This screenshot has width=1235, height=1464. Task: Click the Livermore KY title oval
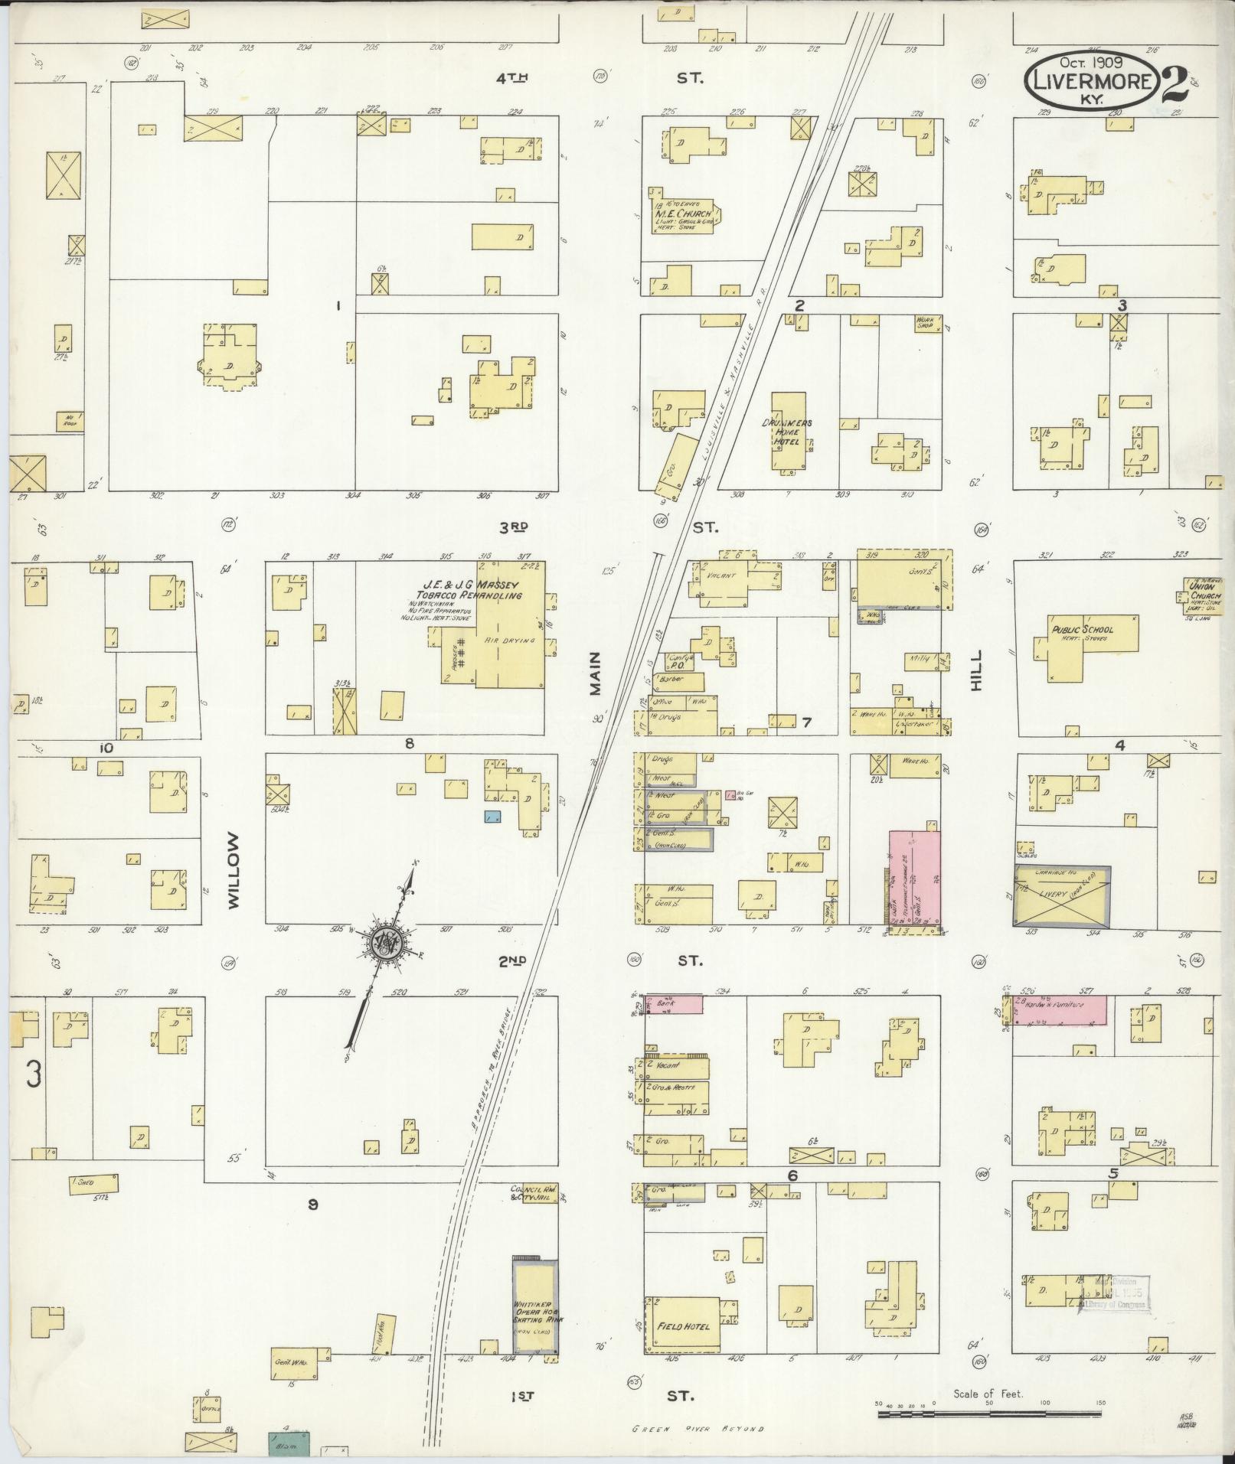tap(1092, 80)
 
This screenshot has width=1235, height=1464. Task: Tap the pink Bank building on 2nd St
tap(674, 1004)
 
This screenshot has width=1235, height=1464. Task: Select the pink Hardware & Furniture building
tap(1060, 1010)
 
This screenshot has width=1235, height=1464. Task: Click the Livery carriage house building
tap(1061, 895)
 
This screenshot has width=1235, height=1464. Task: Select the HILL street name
tap(975, 670)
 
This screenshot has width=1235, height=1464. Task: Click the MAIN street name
tap(596, 673)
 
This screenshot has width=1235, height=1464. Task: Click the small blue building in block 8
tap(492, 817)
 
